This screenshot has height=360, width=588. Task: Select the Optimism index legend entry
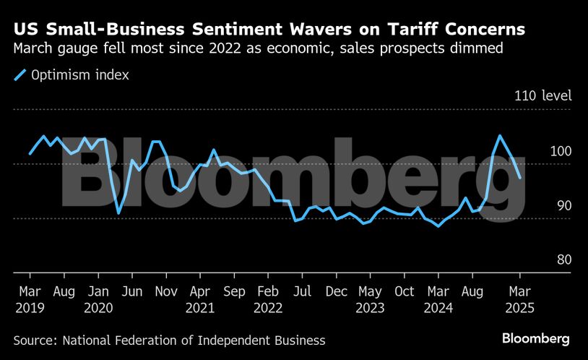coord(69,74)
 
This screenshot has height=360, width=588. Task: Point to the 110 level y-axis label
coord(542,96)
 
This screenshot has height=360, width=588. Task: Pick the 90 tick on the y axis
coord(563,206)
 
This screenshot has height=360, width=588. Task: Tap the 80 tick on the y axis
coord(563,260)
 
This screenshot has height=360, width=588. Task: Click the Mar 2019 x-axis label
coord(30,299)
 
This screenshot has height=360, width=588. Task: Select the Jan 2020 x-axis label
coord(97,299)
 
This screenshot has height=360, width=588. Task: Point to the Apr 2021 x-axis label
coord(200,299)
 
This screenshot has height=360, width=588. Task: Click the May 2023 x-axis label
coord(371,299)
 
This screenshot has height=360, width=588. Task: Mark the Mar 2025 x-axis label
coord(520,299)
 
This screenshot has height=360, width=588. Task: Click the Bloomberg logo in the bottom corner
coord(536,338)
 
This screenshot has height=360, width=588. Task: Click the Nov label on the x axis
coord(166,292)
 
